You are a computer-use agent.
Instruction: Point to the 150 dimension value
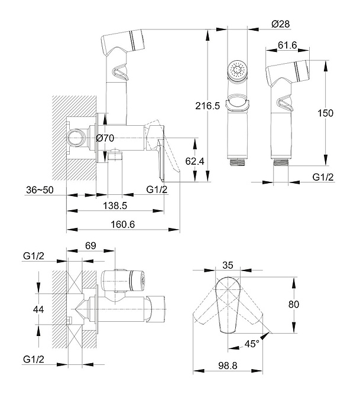click(325, 113)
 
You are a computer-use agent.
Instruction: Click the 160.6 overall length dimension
click(122, 224)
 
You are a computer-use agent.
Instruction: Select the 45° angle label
click(253, 344)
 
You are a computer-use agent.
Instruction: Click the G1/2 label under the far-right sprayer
click(323, 177)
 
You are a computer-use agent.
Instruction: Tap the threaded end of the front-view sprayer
click(238, 159)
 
